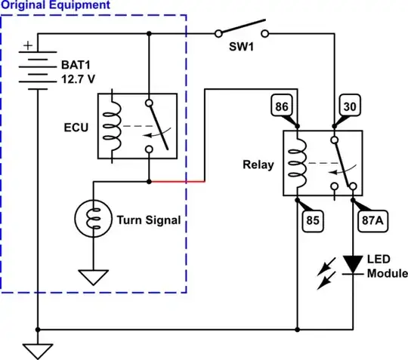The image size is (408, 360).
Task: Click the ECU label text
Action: pyautogui.click(x=76, y=126)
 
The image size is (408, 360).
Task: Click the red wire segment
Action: pyautogui.click(x=178, y=182)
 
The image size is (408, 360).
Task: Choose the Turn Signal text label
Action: pyautogui.click(x=148, y=220)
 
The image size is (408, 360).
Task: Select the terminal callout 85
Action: pyautogui.click(x=312, y=222)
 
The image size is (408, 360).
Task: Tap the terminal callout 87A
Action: pyautogui.click(x=372, y=222)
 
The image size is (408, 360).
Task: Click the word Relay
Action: pyautogui.click(x=259, y=164)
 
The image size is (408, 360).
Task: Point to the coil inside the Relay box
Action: pyautogui.click(x=298, y=164)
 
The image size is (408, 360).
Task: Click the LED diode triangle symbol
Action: pyautogui.click(x=353, y=264)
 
